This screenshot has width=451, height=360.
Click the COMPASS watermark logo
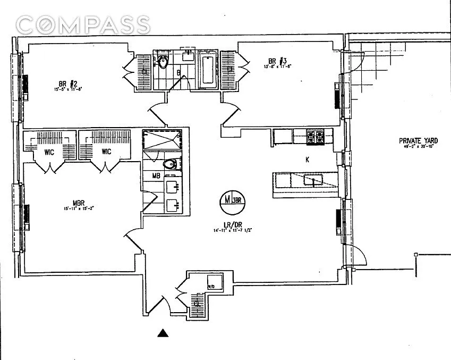(83, 24)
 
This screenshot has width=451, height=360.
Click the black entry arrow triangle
(164, 333)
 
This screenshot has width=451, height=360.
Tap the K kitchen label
(307, 159)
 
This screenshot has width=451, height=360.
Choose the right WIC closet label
(106, 152)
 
